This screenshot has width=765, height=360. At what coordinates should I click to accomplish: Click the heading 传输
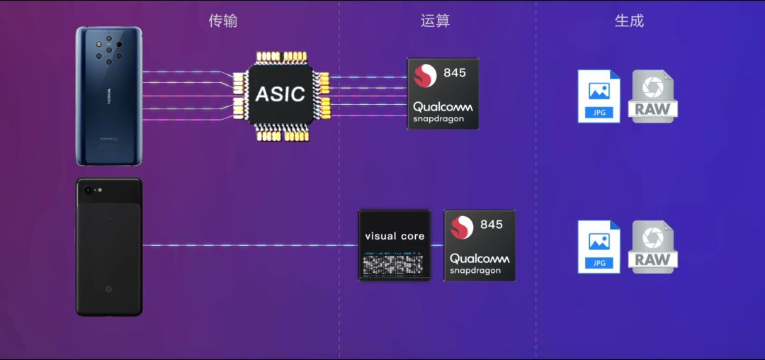point(222,21)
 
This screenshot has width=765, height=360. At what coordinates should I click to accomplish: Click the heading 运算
point(435,21)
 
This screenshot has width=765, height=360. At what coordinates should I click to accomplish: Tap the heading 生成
point(629,21)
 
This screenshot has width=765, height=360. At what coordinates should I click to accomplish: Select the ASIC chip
point(280,94)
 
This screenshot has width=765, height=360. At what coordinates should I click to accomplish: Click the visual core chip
point(394,245)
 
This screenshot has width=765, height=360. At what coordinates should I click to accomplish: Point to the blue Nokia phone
point(108,97)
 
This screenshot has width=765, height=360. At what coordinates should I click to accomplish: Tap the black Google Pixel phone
point(109,247)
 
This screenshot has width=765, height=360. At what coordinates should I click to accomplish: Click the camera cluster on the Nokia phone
point(108,50)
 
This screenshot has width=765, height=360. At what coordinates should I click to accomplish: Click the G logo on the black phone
point(109,289)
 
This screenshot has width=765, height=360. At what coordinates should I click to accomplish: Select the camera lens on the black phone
point(89,191)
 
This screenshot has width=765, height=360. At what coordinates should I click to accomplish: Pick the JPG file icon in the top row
point(599,96)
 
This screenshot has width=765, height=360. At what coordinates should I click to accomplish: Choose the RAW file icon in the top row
point(652,97)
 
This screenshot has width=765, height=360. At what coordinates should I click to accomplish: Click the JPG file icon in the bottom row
point(599,247)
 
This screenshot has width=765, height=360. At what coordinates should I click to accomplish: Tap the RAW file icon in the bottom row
point(652,247)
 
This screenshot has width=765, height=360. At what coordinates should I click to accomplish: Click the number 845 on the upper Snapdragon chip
point(455,74)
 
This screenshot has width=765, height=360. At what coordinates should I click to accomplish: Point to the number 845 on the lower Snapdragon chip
point(492,225)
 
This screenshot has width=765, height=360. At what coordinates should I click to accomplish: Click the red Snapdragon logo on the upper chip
point(426,76)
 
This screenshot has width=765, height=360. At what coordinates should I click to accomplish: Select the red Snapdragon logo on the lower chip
point(463,227)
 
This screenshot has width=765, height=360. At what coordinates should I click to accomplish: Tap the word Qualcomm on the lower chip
point(480,259)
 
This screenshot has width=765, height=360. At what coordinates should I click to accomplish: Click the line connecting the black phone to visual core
point(248,246)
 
